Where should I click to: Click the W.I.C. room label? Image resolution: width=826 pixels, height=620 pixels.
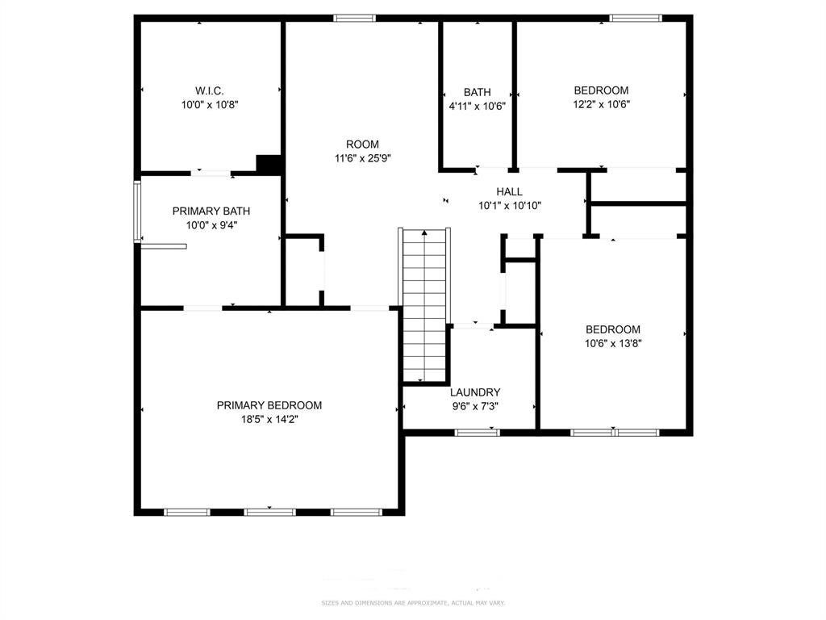point(209,90)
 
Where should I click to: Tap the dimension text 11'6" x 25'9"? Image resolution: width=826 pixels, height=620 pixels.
point(362,158)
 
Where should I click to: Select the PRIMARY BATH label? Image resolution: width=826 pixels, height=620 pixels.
point(211,211)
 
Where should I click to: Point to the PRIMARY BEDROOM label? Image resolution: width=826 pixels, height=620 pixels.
point(269,405)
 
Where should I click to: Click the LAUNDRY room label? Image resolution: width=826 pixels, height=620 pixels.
point(474,392)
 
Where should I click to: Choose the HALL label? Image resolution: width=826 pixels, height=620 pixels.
point(510,191)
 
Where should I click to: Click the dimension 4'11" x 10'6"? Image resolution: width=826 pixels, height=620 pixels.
point(477,106)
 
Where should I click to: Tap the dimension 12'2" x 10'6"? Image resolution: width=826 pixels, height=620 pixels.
point(601,104)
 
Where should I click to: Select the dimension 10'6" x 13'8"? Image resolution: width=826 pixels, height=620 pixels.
point(613,344)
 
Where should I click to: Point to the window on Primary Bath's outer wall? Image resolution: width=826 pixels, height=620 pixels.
point(137,212)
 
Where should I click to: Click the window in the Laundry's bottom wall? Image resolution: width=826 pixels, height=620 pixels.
point(477,433)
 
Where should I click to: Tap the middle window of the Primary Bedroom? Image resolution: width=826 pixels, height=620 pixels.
point(269,512)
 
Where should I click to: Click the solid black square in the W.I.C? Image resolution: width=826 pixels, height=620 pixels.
point(268,164)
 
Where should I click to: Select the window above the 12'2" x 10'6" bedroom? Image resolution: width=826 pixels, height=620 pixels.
point(636,19)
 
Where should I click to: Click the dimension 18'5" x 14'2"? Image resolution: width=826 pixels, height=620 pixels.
point(269,420)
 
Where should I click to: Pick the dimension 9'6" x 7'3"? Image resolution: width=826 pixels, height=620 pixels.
point(474,407)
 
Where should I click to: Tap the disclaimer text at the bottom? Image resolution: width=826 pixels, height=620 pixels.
point(413,602)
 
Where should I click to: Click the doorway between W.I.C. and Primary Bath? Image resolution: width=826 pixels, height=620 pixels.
point(211,173)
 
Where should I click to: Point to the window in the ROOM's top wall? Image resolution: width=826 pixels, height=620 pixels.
point(355,19)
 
